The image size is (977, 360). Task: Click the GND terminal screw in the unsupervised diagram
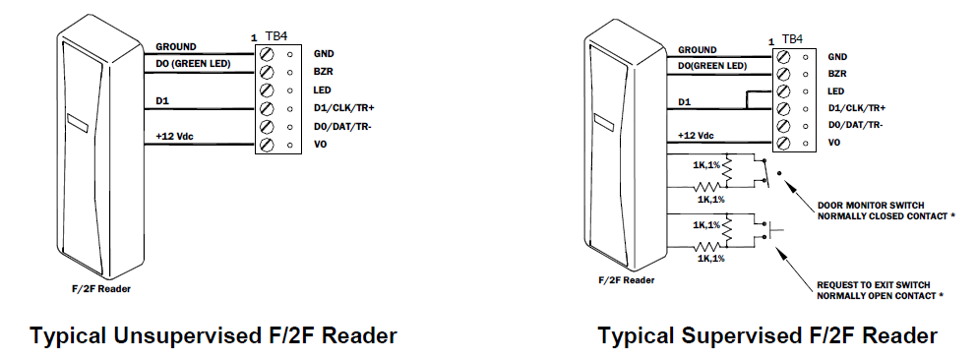tap(267, 53)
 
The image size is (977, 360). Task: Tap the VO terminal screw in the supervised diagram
tap(782, 144)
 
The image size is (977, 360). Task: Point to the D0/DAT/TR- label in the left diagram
tap(343, 126)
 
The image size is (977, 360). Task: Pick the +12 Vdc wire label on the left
tap(178, 137)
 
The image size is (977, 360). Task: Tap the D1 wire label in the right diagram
tap(684, 101)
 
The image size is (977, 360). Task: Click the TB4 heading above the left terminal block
tap(278, 38)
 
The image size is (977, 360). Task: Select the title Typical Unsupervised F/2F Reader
tap(214, 336)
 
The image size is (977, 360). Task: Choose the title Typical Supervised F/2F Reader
tap(767, 336)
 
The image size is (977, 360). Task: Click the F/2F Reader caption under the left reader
tap(103, 289)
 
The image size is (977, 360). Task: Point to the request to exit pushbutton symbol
tap(772, 233)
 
